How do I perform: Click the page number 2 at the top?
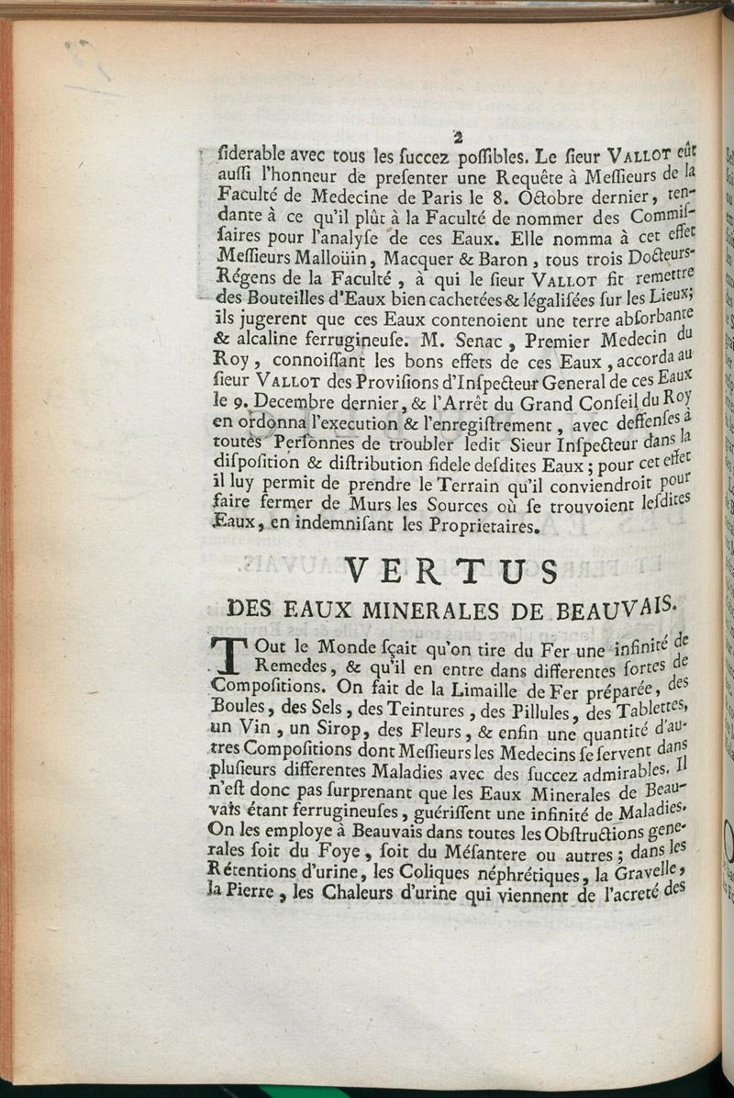click(456, 138)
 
